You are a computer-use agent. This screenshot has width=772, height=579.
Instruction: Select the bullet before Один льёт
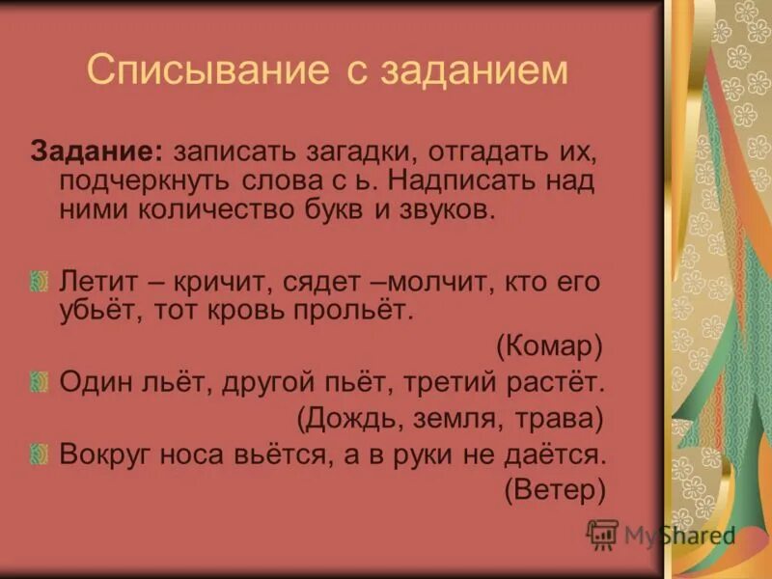[x=40, y=382]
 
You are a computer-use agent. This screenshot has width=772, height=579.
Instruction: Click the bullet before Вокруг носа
[x=40, y=454]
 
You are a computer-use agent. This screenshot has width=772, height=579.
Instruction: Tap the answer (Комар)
[x=549, y=345]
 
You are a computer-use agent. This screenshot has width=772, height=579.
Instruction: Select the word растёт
[x=555, y=382]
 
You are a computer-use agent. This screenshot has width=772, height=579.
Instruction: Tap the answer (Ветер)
[x=555, y=489]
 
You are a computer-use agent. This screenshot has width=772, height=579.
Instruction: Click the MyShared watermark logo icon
[x=603, y=534]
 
